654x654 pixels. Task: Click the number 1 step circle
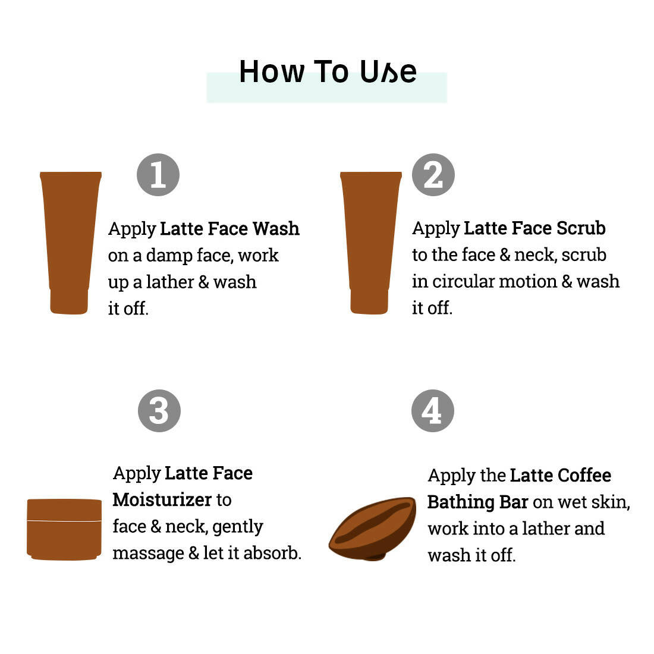[158, 175]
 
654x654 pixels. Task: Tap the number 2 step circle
[433, 175]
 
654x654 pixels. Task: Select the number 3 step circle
[159, 411]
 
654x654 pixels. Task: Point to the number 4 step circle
[432, 411]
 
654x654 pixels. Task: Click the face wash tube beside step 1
[71, 243]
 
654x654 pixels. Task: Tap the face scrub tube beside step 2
[371, 243]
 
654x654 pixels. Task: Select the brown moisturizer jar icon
[64, 529]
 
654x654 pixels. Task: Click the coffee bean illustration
[372, 529]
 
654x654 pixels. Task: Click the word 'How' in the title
[272, 72]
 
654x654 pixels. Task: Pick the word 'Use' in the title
[388, 72]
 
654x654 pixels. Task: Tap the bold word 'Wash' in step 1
[276, 228]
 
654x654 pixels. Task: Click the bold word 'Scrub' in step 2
[581, 228]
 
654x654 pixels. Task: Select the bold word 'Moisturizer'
[162, 499]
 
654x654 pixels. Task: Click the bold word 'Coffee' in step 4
[584, 476]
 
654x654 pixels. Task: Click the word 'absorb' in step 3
[271, 553]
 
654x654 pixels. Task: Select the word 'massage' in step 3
[149, 554]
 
